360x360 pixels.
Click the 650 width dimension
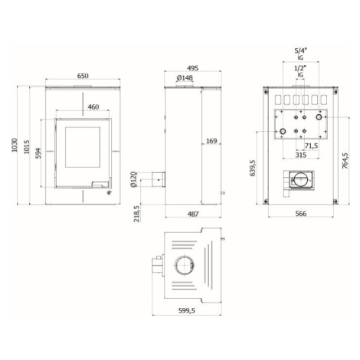pyautogui.click(x=83, y=76)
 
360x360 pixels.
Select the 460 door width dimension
pyautogui.click(x=93, y=107)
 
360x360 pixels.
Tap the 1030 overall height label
pyautogui.click(x=15, y=145)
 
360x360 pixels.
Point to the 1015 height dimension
pyautogui.click(x=27, y=147)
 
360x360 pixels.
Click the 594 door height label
pyautogui.click(x=38, y=153)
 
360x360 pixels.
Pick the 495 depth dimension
pyautogui.click(x=192, y=68)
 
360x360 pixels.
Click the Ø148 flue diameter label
pyautogui.click(x=185, y=77)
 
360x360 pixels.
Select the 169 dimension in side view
pyautogui.click(x=211, y=141)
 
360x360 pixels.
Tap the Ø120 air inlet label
pyautogui.click(x=133, y=179)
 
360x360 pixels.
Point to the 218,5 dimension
pyautogui.click(x=137, y=214)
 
